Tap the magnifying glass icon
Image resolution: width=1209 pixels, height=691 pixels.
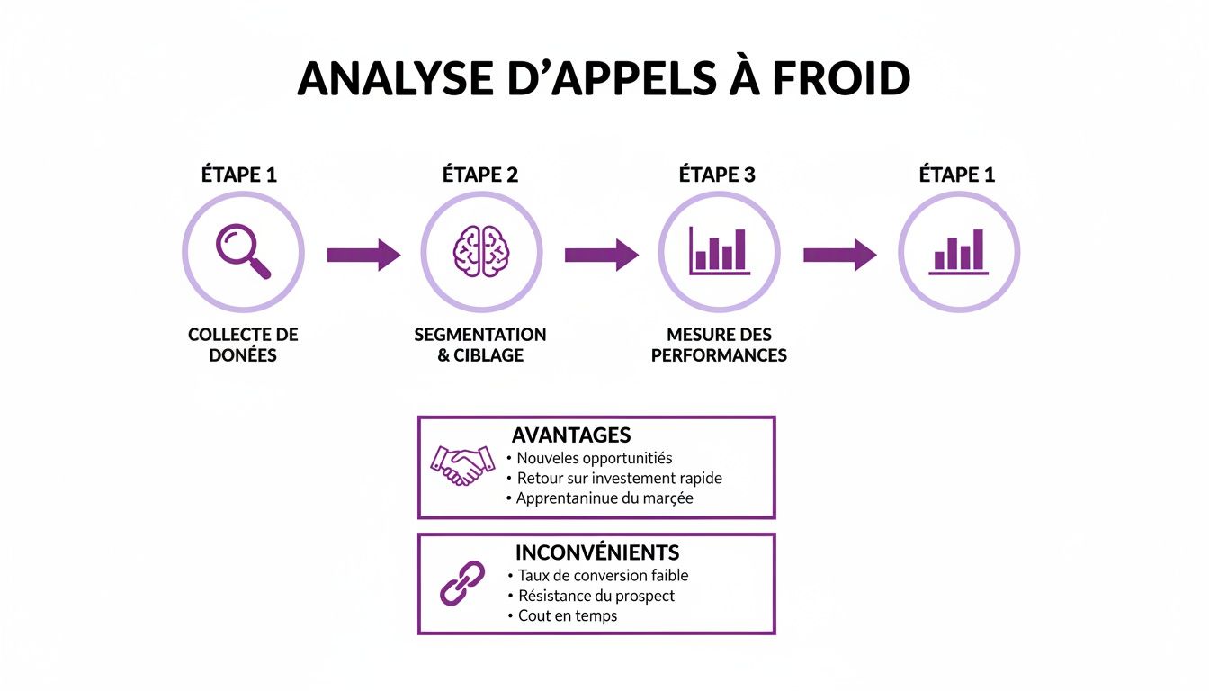[243, 252]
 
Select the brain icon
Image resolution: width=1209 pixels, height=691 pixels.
[481, 252]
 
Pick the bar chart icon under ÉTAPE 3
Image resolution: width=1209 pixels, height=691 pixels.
[719, 251]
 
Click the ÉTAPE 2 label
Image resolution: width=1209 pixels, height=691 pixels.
[480, 175]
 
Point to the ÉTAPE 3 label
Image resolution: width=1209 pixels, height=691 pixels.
[717, 175]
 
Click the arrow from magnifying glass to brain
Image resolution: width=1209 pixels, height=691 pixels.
[363, 255]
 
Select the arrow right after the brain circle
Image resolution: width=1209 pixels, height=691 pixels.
[601, 255]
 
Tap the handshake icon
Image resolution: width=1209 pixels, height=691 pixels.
[461, 465]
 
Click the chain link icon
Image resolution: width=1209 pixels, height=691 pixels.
[461, 583]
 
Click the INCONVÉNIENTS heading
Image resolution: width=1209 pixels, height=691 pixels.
[596, 552]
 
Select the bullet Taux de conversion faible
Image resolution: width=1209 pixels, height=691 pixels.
[603, 575]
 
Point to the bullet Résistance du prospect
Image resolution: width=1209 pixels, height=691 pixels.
[596, 596]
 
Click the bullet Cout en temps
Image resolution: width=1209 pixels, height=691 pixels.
[568, 616]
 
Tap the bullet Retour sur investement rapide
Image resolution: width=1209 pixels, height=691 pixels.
[619, 478]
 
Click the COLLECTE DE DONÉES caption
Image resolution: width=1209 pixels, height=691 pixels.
[243, 345]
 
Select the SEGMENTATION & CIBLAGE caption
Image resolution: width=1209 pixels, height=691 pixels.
[480, 345]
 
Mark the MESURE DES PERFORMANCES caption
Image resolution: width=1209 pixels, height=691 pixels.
[719, 345]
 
